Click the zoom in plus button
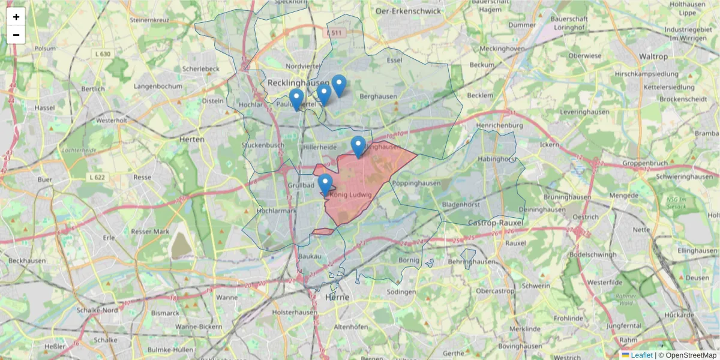[x=16, y=17]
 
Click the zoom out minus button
[x=16, y=35]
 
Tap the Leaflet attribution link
[x=641, y=355]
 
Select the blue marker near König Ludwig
[x=325, y=184]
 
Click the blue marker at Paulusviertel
[x=296, y=99]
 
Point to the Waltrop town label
[x=653, y=56]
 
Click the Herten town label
[x=192, y=139]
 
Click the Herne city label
[x=337, y=297]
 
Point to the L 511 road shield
[x=336, y=32]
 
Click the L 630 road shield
[x=103, y=54]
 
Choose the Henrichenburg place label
[x=499, y=125]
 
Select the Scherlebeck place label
[x=201, y=69]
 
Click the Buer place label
[x=44, y=179]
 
